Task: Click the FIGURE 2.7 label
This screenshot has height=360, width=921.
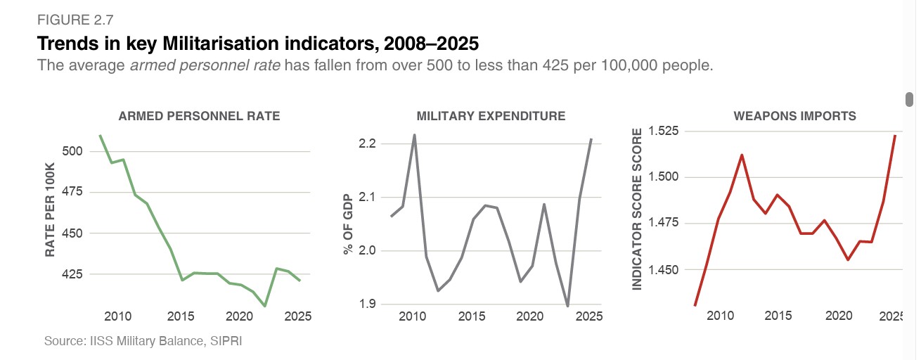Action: coord(75,20)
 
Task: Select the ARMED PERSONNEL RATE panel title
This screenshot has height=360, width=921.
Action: coord(199,116)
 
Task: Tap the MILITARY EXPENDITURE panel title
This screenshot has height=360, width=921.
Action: coord(491,116)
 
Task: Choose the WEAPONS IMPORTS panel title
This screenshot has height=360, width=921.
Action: coord(794,116)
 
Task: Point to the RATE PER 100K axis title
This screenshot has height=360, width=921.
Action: coord(51,210)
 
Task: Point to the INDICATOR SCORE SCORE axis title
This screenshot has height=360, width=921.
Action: coord(637,210)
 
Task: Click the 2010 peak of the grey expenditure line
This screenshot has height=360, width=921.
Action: coord(415,135)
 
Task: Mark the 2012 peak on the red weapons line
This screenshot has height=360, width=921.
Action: coord(742,155)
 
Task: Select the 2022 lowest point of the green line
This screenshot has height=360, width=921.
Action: coord(265,306)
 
